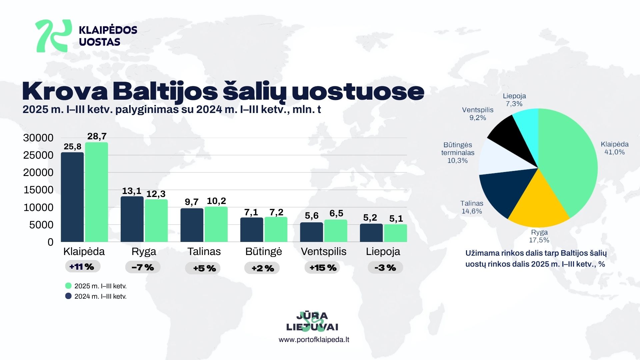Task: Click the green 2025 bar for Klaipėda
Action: (x=96, y=192)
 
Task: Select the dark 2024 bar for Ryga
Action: (x=132, y=219)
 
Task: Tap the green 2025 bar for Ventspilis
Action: (x=336, y=231)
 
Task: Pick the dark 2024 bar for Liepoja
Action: (x=371, y=233)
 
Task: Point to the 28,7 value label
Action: (x=97, y=136)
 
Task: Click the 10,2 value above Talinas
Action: (x=216, y=201)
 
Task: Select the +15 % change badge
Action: (x=322, y=268)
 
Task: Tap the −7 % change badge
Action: (x=143, y=267)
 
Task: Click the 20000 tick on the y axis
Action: (x=38, y=173)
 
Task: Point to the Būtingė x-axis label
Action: (x=263, y=251)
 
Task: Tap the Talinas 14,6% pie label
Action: (x=472, y=207)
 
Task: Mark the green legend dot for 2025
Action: (x=68, y=286)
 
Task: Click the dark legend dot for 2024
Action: (x=68, y=296)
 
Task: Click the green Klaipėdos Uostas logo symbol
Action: (x=53, y=36)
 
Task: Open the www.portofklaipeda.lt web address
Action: (x=314, y=340)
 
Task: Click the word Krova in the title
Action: (x=65, y=91)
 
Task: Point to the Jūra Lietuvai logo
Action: (x=312, y=321)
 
